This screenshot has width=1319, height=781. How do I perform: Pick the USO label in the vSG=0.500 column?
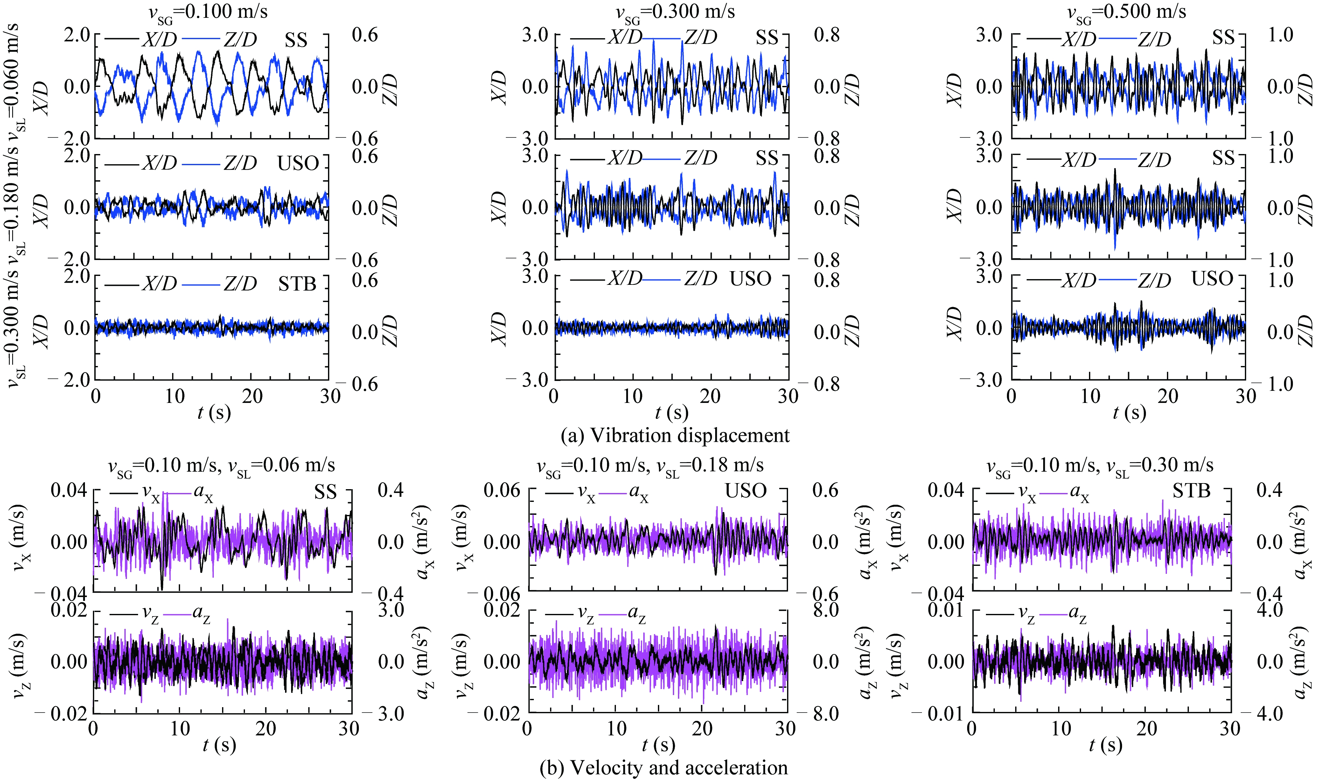(x=1212, y=278)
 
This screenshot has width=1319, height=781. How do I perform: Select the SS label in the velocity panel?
(x=325, y=492)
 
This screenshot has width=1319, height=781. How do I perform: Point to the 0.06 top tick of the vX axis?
(x=501, y=490)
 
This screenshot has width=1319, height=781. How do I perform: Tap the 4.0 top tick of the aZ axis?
(x=1270, y=610)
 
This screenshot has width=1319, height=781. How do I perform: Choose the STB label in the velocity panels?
(x=1191, y=491)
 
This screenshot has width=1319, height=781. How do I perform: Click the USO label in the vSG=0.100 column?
(x=298, y=163)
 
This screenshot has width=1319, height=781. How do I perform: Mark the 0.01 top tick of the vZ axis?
(x=945, y=610)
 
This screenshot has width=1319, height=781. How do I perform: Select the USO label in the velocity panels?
(x=746, y=491)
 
